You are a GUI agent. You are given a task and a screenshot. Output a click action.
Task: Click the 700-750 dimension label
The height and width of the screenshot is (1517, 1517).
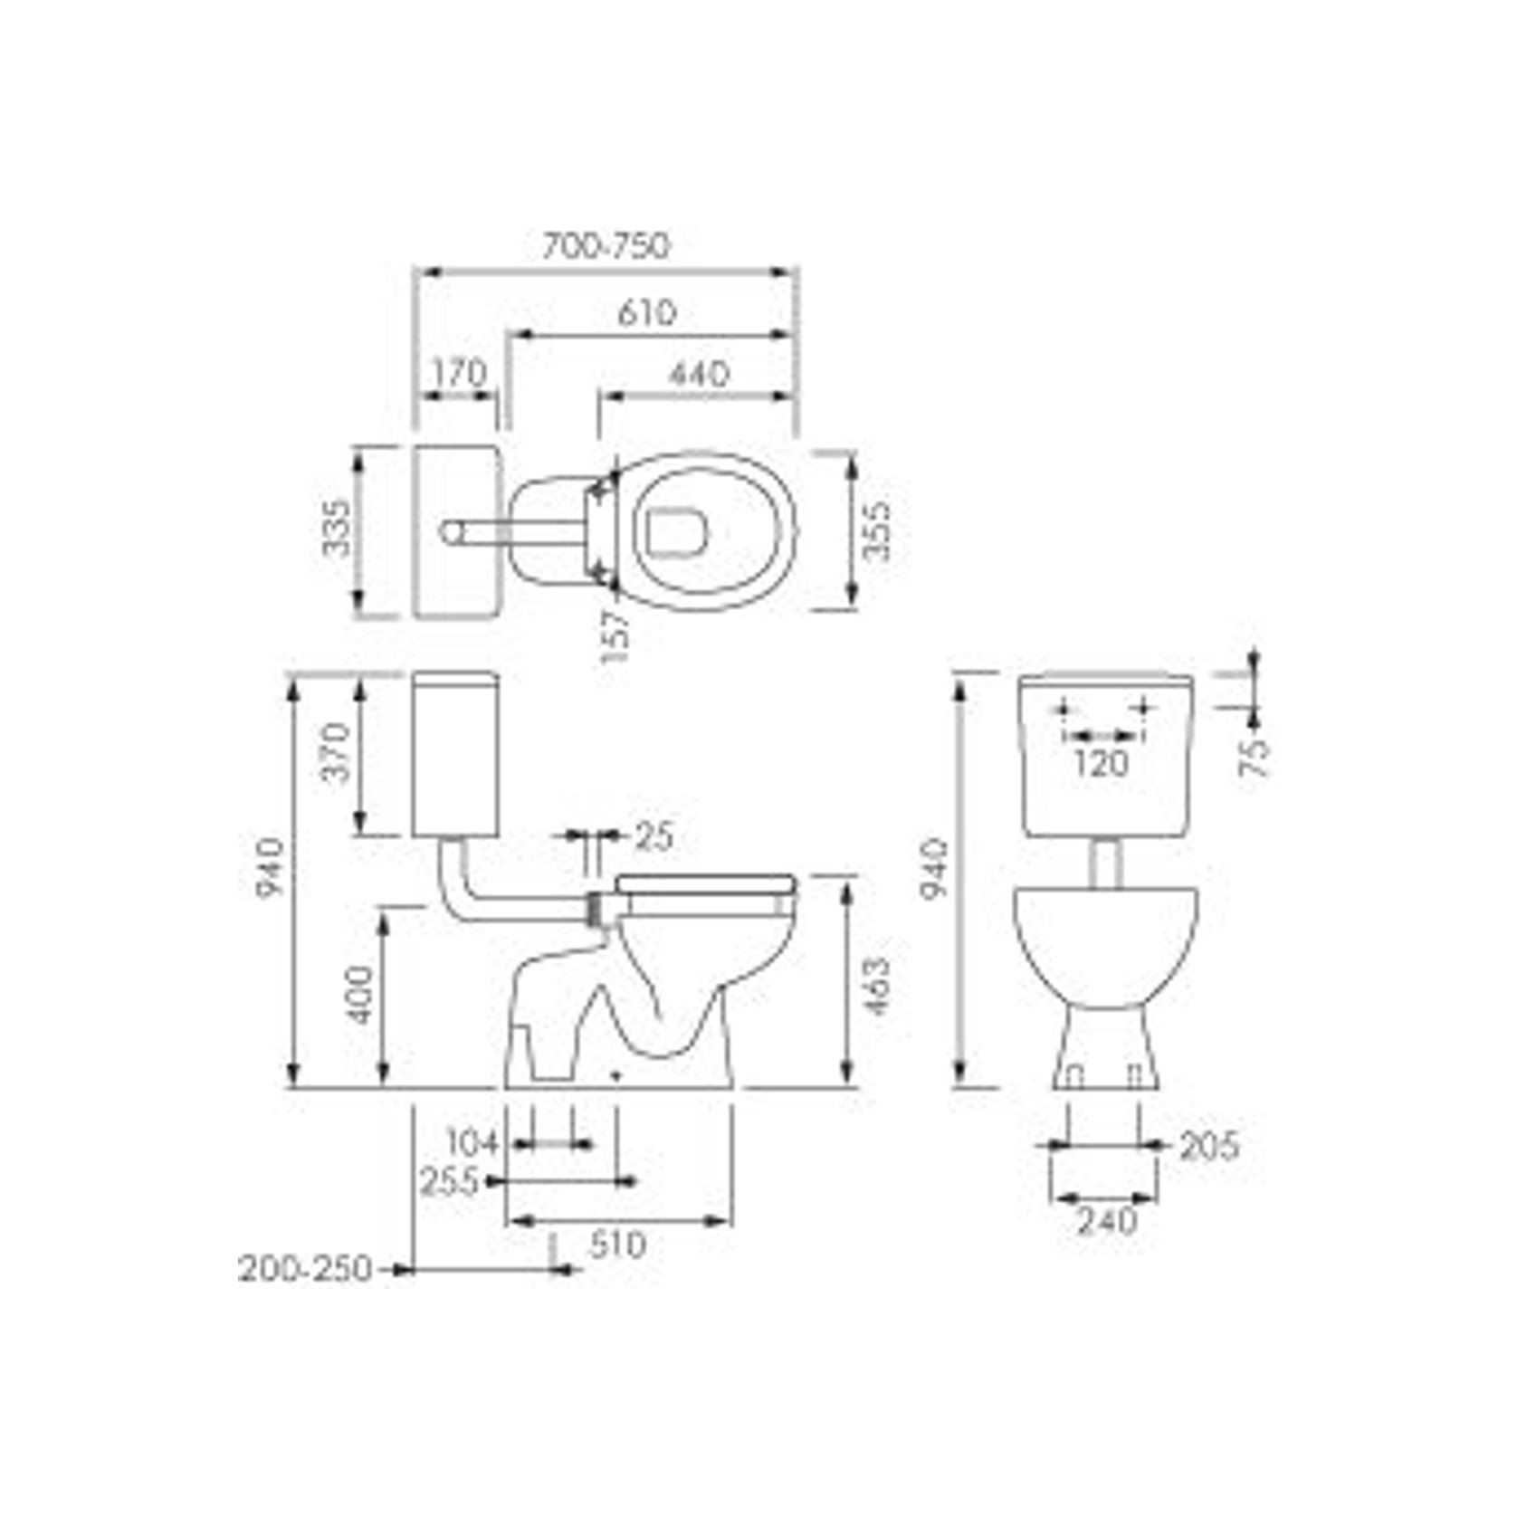tap(606, 246)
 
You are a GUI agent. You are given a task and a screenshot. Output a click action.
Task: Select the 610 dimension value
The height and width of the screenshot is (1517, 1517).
tap(647, 313)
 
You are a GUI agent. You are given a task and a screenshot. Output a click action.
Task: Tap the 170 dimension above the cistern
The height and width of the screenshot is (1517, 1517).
tap(459, 373)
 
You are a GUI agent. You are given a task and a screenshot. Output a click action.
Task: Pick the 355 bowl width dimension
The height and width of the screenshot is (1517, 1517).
tap(877, 531)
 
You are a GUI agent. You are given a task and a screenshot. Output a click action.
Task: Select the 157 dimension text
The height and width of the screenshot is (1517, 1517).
tap(615, 637)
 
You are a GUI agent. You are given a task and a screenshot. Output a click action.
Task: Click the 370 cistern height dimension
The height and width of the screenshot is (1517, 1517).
tap(336, 752)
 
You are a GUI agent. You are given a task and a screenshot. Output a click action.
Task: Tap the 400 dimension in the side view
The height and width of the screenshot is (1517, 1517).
tap(361, 995)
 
